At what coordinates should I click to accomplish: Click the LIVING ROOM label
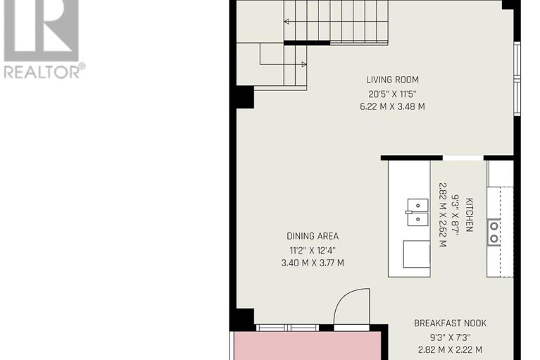tap(392, 80)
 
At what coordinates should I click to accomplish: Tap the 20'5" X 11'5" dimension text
tap(392, 93)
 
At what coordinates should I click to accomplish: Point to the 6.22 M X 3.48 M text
tap(392, 107)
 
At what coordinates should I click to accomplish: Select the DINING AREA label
tap(312, 236)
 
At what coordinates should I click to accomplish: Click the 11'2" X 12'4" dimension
tap(312, 250)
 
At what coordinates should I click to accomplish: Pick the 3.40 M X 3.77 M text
tap(312, 263)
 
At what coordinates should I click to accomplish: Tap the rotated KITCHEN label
tap(469, 215)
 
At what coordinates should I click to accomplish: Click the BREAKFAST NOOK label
tap(449, 323)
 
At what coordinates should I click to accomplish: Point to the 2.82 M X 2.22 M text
tap(449, 349)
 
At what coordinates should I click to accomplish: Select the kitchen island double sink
tap(417, 212)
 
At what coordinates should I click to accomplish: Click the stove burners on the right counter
tap(494, 232)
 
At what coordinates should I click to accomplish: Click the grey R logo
tap(42, 28)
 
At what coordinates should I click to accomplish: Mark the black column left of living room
tap(244, 97)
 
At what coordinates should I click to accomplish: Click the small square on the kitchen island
tap(416, 254)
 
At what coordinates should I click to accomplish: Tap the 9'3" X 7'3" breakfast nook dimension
tap(449, 337)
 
